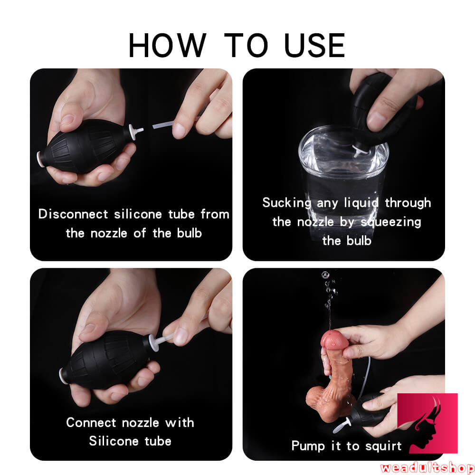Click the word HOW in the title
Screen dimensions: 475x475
click(168, 45)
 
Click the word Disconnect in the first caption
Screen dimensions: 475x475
click(73, 214)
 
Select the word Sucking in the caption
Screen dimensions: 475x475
click(286, 203)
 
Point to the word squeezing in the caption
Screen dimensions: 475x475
click(391, 222)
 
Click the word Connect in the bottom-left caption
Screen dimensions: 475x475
click(91, 422)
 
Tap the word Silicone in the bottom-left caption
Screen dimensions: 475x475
click(114, 441)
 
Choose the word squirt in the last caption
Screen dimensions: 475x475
click(383, 446)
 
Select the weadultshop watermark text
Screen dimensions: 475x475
click(427, 467)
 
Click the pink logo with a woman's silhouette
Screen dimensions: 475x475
click(427, 423)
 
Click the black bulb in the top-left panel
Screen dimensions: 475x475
click(87, 146)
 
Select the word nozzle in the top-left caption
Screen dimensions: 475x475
click(109, 233)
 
